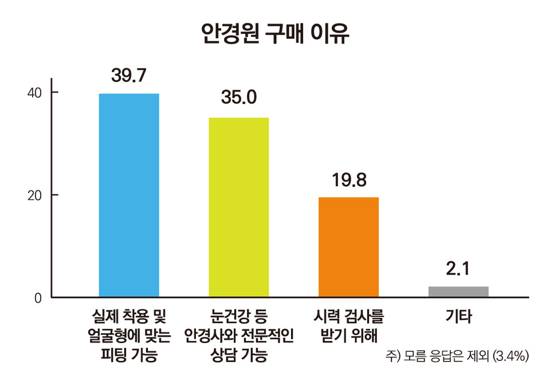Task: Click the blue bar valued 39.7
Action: coord(129,194)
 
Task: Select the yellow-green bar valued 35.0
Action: coord(238,207)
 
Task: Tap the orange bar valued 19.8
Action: coord(348,246)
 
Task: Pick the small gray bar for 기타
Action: coord(458,291)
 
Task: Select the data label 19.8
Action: coord(348,179)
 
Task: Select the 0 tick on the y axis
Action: coord(39,297)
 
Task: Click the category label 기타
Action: coord(458,316)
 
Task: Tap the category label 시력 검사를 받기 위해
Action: coord(348,325)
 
